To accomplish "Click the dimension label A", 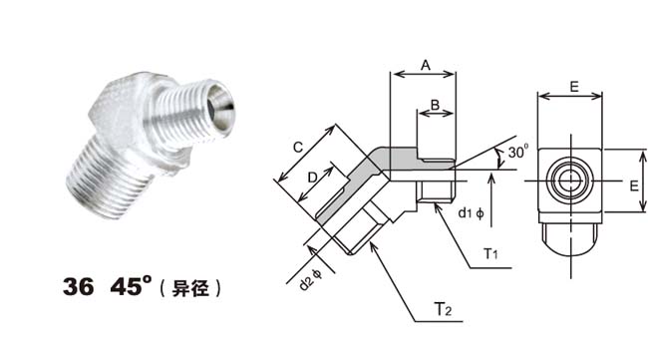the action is coord(426,65).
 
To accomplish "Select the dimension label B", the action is coord(435,105).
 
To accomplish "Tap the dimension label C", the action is coord(298,148).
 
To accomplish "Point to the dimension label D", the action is coord(312,178).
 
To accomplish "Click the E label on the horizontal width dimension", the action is coord(574,87).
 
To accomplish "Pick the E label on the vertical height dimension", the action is coord(634,186).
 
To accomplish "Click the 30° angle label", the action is coord(518,152).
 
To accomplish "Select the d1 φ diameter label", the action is coord(472,213).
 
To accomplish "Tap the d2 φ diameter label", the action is coord(310,280).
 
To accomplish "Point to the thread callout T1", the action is coord(490,253).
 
